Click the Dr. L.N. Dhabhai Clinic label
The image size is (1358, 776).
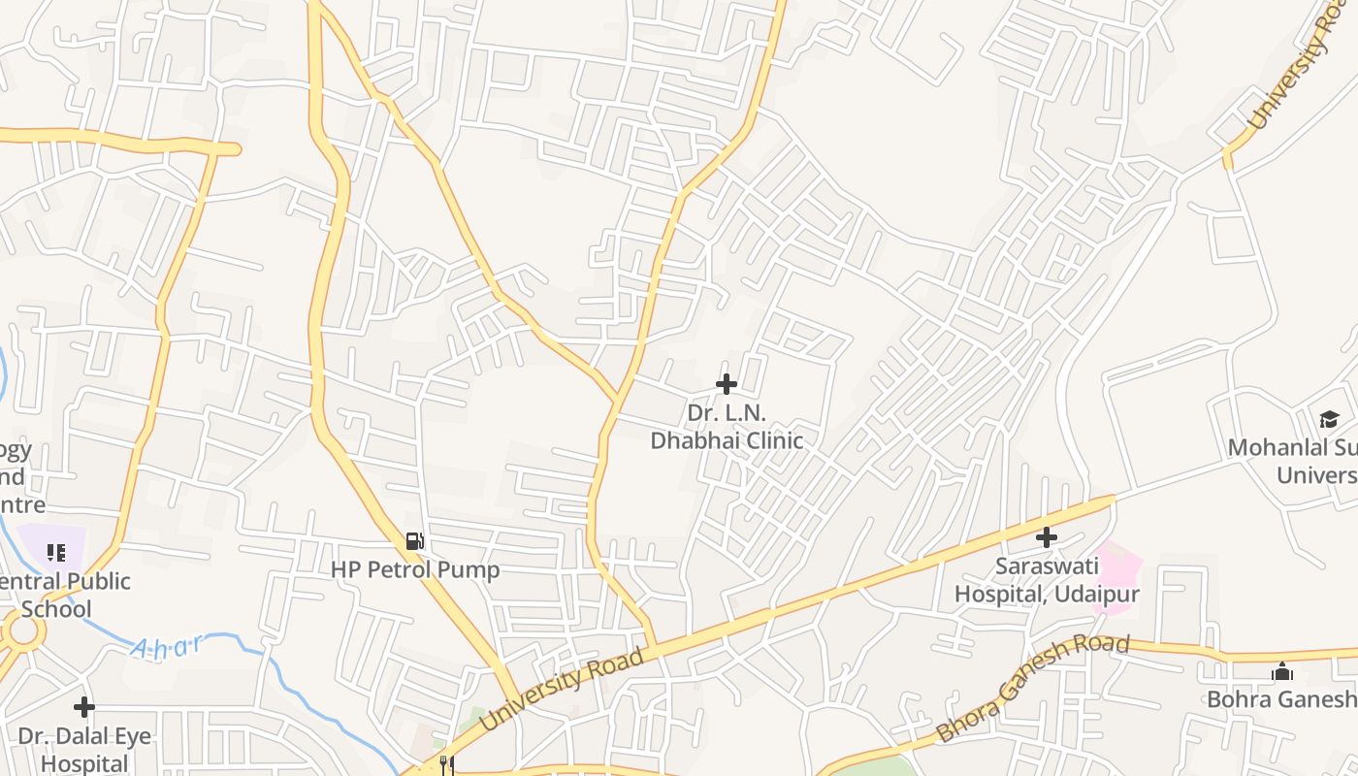pyautogui.click(x=727, y=427)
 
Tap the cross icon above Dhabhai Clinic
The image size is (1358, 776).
pyautogui.click(x=727, y=384)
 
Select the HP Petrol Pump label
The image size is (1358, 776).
pyautogui.click(x=415, y=569)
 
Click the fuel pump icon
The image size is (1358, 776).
pyautogui.click(x=414, y=541)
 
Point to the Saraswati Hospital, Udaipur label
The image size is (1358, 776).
pyautogui.click(x=1047, y=579)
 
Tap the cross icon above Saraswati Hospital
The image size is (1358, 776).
pyautogui.click(x=1047, y=536)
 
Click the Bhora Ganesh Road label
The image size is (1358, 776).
pyautogui.click(x=1033, y=688)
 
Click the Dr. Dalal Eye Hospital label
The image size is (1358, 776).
pyautogui.click(x=84, y=749)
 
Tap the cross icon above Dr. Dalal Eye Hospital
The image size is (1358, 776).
pyautogui.click(x=84, y=706)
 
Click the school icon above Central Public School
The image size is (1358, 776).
pyautogui.click(x=56, y=553)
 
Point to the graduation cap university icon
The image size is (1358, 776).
pyautogui.click(x=1329, y=419)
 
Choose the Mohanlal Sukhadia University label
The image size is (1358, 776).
pyautogui.click(x=1293, y=461)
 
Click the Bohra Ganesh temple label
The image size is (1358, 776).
pyautogui.click(x=1280, y=698)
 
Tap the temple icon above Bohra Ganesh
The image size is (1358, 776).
pyautogui.click(x=1282, y=671)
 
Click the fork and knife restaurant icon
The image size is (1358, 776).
pyautogui.click(x=447, y=765)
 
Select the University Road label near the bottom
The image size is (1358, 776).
pyautogui.click(x=562, y=690)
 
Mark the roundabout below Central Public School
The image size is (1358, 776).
pyautogui.click(x=22, y=632)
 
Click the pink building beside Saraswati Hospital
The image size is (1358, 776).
pyautogui.click(x=1116, y=574)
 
